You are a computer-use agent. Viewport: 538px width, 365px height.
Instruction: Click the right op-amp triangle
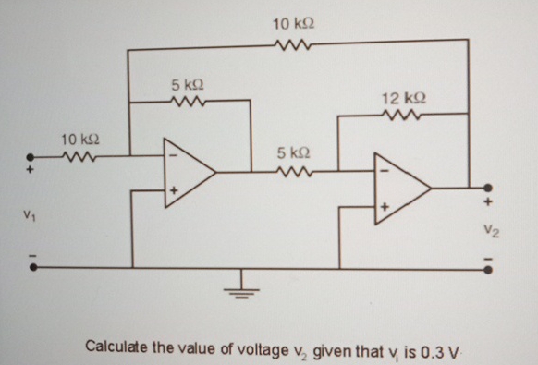point(399,189)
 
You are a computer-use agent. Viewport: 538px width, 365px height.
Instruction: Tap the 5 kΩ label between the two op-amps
point(293,151)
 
